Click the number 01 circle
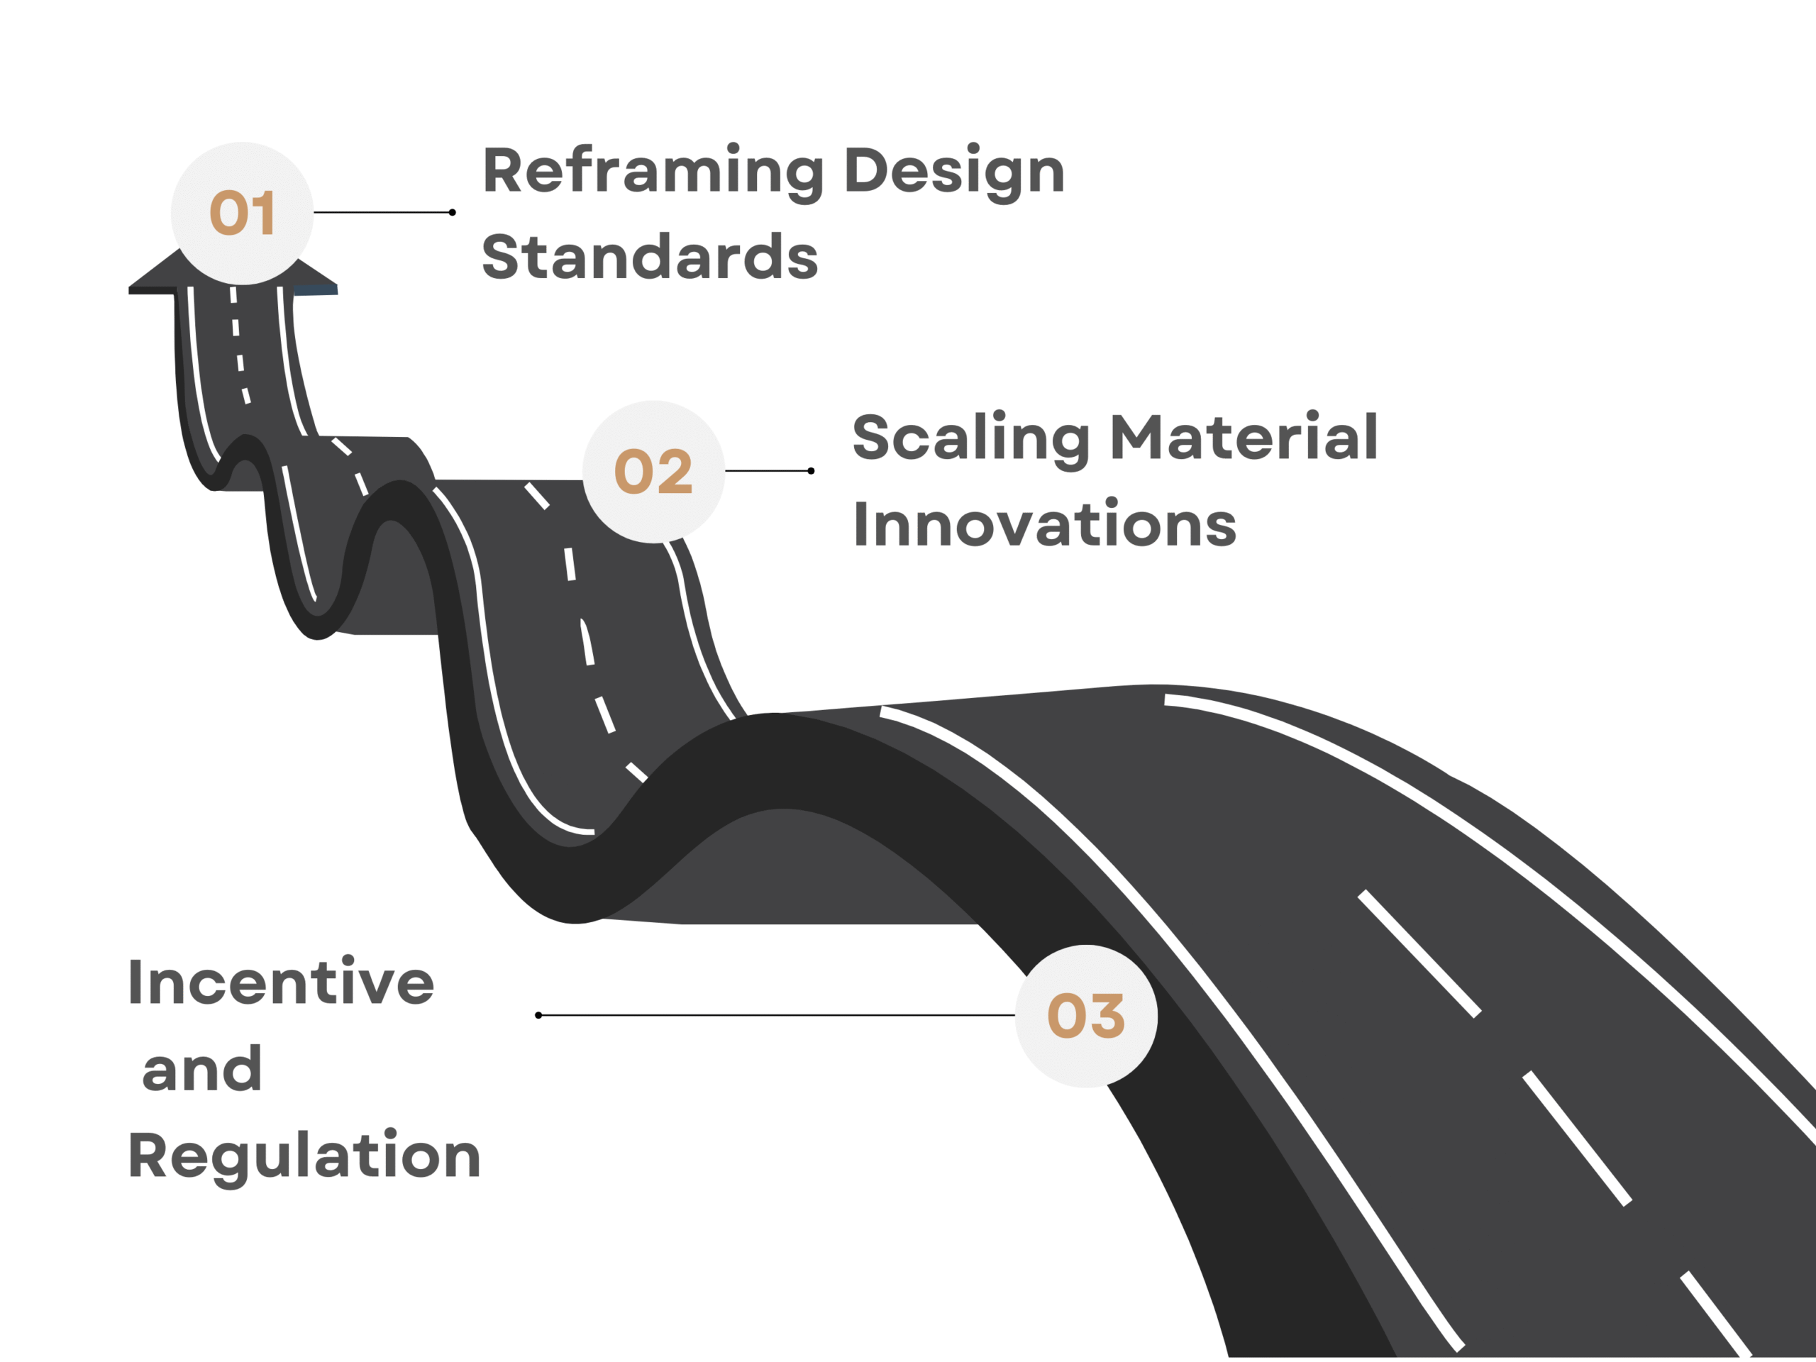(x=242, y=214)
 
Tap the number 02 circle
(x=653, y=472)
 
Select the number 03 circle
(x=1086, y=1017)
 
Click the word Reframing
(x=653, y=172)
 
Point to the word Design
(x=955, y=172)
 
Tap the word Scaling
(x=971, y=439)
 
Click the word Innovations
(x=1045, y=523)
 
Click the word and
(x=202, y=1069)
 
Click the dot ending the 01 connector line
(x=453, y=213)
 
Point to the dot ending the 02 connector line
(x=811, y=471)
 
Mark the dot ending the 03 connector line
(x=538, y=1016)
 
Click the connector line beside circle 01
(x=382, y=213)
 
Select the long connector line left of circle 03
(x=777, y=1016)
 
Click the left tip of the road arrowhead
(x=129, y=288)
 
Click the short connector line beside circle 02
(x=768, y=471)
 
